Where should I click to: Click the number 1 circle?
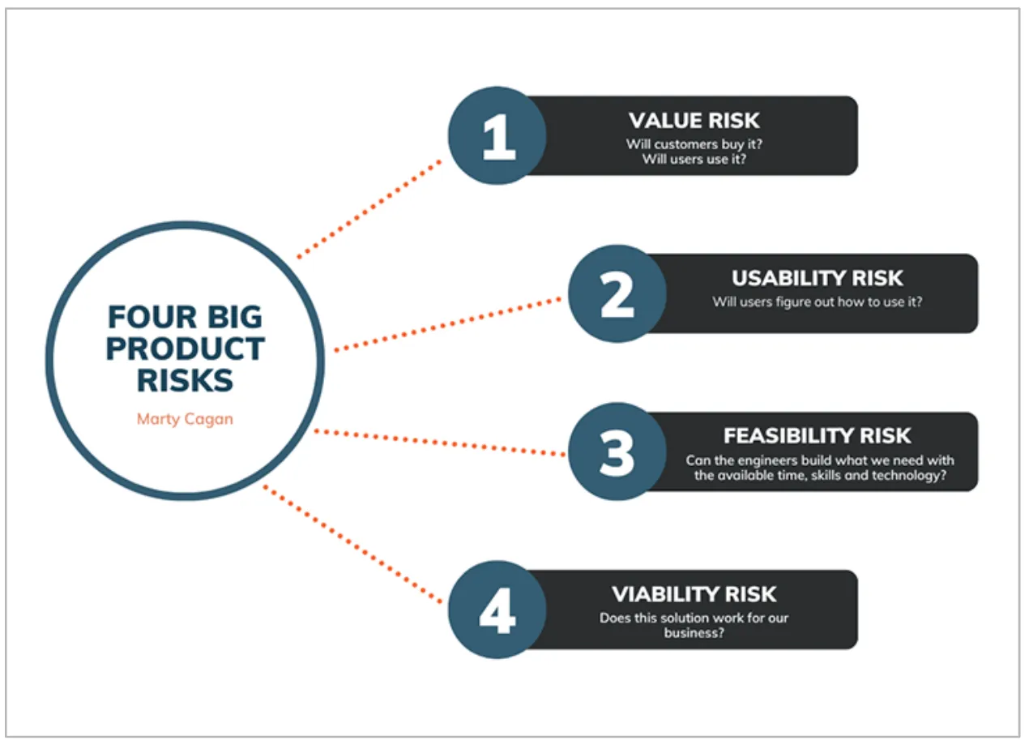pos(497,135)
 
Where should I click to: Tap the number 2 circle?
pos(617,293)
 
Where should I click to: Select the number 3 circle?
pos(617,452)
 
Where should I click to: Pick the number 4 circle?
pos(497,610)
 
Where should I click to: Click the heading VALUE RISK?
pos(694,121)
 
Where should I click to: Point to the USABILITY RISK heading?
pos(817,278)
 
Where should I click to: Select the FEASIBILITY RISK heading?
pos(817,436)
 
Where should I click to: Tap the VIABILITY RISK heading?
pos(694,594)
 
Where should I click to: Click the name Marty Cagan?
pos(185,419)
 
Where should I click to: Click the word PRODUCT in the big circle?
pos(185,349)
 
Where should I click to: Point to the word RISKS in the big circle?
pos(185,380)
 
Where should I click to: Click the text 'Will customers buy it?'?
pos(694,144)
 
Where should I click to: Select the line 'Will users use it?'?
pos(694,159)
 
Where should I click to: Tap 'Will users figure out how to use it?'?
pos(817,302)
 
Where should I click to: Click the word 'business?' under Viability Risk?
pos(694,632)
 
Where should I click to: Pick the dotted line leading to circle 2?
pos(447,324)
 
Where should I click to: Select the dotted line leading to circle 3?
pos(440,443)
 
